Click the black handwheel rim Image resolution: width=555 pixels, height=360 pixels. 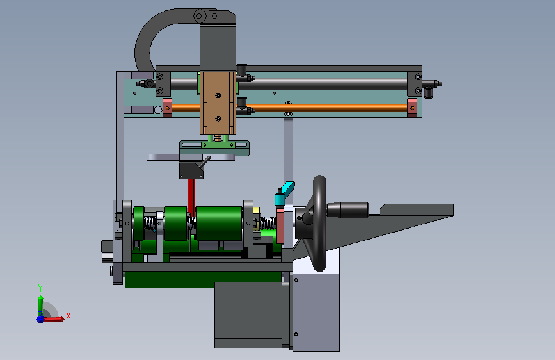click(x=320, y=223)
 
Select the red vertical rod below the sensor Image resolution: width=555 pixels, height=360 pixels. click(x=191, y=197)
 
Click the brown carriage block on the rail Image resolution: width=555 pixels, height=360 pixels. click(x=218, y=102)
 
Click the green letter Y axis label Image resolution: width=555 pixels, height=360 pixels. click(x=40, y=288)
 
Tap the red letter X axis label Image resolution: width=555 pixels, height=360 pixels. click(x=68, y=316)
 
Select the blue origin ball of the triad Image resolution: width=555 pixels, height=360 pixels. click(x=40, y=319)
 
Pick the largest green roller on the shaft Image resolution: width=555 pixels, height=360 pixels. click(x=219, y=224)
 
